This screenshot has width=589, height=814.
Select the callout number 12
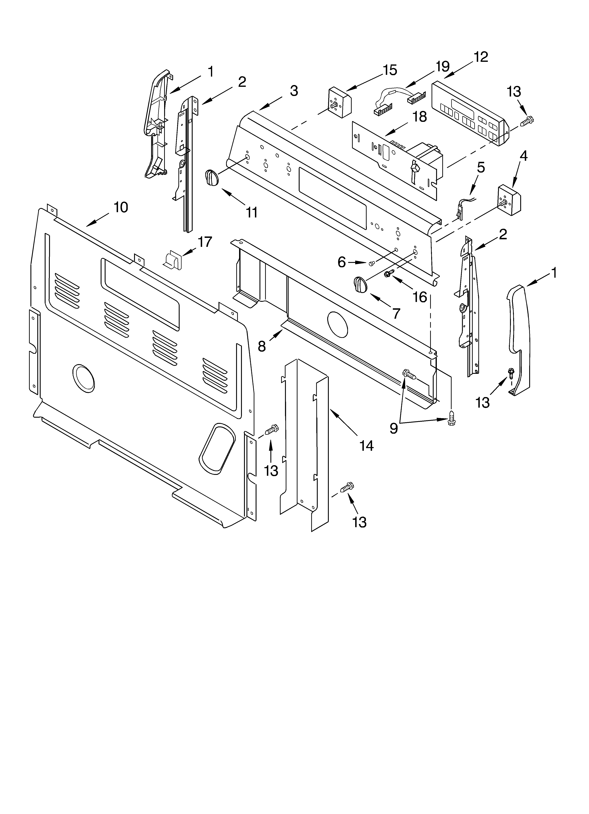pos(481,57)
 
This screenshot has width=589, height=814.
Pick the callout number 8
pos(262,346)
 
